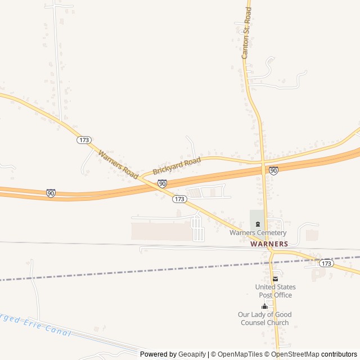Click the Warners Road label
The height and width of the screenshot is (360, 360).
click(x=118, y=165)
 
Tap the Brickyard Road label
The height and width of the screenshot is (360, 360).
click(x=177, y=166)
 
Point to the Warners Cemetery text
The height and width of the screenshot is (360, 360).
click(x=258, y=233)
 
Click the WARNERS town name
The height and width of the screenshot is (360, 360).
click(x=269, y=244)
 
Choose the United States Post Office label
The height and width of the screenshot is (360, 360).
click(x=275, y=291)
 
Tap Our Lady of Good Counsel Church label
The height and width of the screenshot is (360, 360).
click(x=264, y=318)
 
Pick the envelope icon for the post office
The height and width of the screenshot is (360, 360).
click(x=275, y=279)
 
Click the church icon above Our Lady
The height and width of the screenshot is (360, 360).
click(x=264, y=306)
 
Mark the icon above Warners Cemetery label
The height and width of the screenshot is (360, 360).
click(x=257, y=224)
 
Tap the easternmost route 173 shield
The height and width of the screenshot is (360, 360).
click(x=326, y=263)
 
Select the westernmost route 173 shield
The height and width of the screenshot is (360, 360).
click(x=84, y=139)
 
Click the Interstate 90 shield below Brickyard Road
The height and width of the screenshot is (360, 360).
click(x=162, y=183)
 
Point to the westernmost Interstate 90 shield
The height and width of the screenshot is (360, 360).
click(x=51, y=193)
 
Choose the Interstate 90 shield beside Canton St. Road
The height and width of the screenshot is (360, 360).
click(x=273, y=170)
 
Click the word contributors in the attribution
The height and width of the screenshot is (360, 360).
click(x=339, y=354)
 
